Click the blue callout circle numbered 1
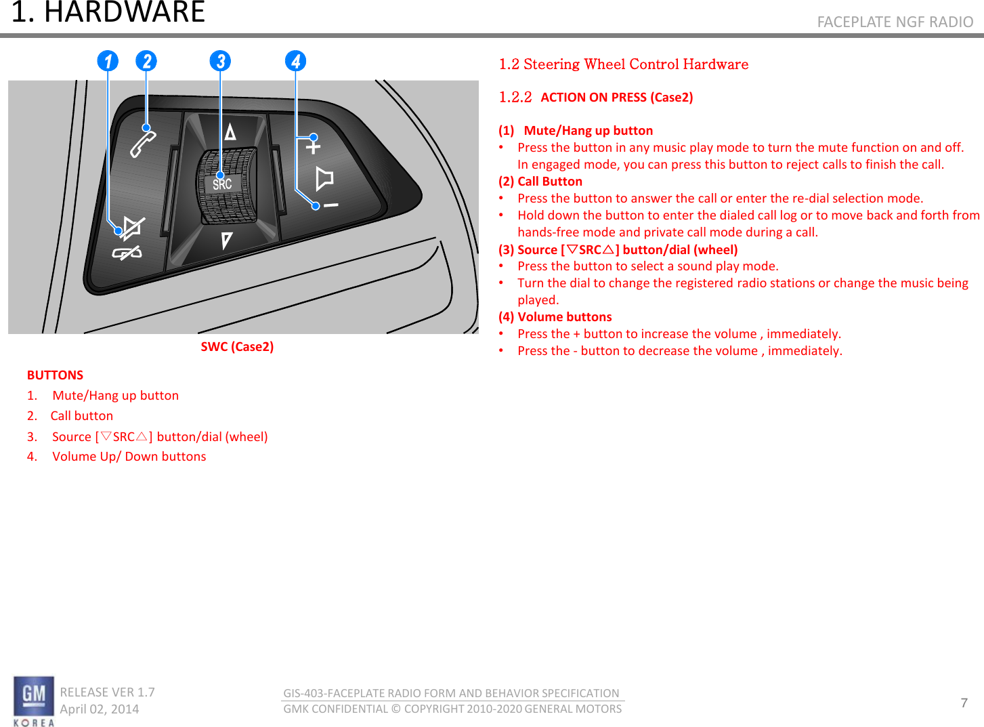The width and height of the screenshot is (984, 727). click(x=108, y=61)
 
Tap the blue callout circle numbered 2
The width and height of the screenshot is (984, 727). click(x=146, y=61)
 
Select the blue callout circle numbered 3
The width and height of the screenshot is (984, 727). click(x=220, y=61)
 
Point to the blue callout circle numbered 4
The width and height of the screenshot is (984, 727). click(x=295, y=61)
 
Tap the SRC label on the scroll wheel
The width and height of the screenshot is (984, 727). click(x=222, y=184)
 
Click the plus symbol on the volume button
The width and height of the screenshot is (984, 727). click(x=313, y=146)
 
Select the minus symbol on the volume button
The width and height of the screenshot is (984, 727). click(x=330, y=205)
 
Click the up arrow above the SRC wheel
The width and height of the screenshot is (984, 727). click(x=230, y=131)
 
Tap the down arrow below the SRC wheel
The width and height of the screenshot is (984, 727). click(x=226, y=240)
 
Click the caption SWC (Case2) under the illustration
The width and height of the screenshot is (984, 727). click(x=237, y=347)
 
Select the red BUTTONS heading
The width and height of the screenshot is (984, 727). click(x=55, y=375)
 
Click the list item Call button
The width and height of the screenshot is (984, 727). click(x=81, y=416)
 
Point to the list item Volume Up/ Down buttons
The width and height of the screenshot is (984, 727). click(x=129, y=457)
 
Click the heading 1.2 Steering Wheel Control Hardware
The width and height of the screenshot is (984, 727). click(x=623, y=64)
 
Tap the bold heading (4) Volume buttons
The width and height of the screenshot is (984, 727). click(x=555, y=317)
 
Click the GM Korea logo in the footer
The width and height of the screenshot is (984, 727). click(x=34, y=701)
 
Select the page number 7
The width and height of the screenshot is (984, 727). click(x=964, y=703)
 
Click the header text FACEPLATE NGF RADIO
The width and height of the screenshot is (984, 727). click(x=895, y=22)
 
